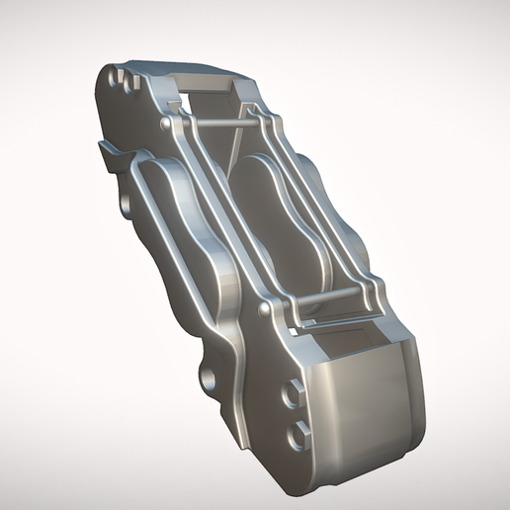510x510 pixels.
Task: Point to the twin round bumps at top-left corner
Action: pyautogui.click(x=122, y=76)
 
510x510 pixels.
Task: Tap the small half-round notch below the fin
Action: pyautogui.click(x=126, y=203)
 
